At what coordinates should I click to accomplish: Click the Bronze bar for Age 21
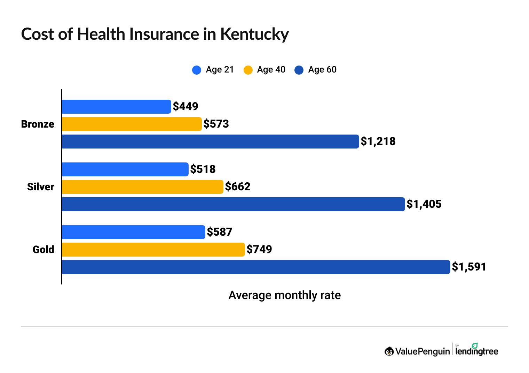coord(116,107)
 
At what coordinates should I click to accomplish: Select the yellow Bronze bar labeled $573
coord(132,124)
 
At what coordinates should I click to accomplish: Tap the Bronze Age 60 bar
coord(210,142)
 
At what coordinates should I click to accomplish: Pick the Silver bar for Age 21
coord(125,169)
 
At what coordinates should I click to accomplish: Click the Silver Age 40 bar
coord(142,187)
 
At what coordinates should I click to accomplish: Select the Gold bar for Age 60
coord(256,267)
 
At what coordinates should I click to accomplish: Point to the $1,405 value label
coord(424,204)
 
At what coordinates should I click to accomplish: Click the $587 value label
coord(219,232)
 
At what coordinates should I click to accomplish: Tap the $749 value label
coord(259,249)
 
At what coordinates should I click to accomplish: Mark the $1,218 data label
coord(378,141)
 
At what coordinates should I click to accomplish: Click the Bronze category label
coord(38,124)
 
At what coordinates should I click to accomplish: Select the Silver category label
coord(40,187)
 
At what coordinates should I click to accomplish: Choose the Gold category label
coord(43,250)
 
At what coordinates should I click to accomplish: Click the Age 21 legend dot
coord(197,70)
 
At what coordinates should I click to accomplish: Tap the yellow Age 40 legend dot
coord(248,70)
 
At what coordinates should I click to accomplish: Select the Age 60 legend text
coord(322,70)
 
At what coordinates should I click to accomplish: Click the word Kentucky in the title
coord(254,35)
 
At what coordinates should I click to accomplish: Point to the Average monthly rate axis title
coord(284,295)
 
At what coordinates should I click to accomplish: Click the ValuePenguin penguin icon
coord(389,351)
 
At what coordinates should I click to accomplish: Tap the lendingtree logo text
coord(477,351)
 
